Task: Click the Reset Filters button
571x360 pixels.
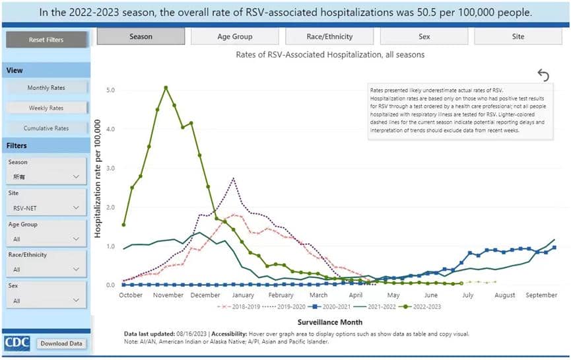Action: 46,40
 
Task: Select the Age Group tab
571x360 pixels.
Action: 234,37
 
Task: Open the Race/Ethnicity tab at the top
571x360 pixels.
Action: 329,37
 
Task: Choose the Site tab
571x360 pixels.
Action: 518,37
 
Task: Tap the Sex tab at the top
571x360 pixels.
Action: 424,37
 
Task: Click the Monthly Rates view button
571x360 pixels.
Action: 46,88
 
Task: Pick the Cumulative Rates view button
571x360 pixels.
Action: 46,128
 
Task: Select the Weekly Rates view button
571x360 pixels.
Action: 46,108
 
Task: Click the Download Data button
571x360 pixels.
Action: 61,343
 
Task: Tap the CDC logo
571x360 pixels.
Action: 17,343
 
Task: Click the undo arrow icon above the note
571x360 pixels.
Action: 543,75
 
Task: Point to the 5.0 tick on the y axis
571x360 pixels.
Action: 111,90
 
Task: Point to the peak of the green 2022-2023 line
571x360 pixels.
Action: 166,87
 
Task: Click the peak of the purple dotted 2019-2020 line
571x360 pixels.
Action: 234,178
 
